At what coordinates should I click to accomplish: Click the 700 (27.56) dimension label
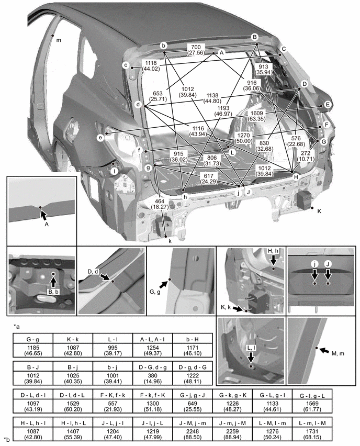click(197, 50)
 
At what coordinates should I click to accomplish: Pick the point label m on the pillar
click(58, 40)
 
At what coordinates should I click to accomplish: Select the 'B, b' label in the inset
click(53, 292)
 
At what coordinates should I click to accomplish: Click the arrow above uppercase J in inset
click(328, 274)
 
